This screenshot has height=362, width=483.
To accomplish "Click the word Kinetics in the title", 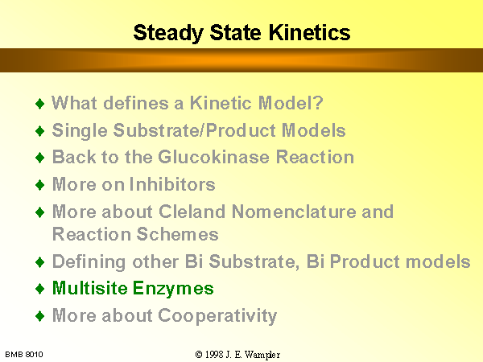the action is pyautogui.click(x=310, y=32).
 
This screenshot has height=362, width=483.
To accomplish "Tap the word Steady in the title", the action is pyautogui.click(x=168, y=33).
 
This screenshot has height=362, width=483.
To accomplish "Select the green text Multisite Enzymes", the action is pyautogui.click(x=133, y=289).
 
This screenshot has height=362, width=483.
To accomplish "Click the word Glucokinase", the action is pyautogui.click(x=213, y=157).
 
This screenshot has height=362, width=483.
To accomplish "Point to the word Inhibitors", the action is pyautogui.click(x=172, y=184).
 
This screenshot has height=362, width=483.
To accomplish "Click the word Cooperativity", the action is pyautogui.click(x=217, y=316).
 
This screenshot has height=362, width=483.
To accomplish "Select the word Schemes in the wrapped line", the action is pyautogui.click(x=177, y=234).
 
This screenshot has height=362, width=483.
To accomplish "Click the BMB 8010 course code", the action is pyautogui.click(x=24, y=355).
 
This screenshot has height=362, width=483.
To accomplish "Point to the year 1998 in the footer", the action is pyautogui.click(x=214, y=355).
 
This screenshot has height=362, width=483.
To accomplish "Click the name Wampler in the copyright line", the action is pyautogui.click(x=262, y=355).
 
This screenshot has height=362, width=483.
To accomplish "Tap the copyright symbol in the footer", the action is pyautogui.click(x=199, y=355).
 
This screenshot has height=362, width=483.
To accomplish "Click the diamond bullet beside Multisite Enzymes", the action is pyautogui.click(x=40, y=289).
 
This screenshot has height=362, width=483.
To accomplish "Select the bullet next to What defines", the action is pyautogui.click(x=40, y=104).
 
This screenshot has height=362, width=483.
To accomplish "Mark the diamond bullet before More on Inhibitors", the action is pyautogui.click(x=40, y=185).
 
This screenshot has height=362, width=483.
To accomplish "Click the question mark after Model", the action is pyautogui.click(x=318, y=102).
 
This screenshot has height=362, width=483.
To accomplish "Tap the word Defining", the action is pyautogui.click(x=89, y=262).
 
